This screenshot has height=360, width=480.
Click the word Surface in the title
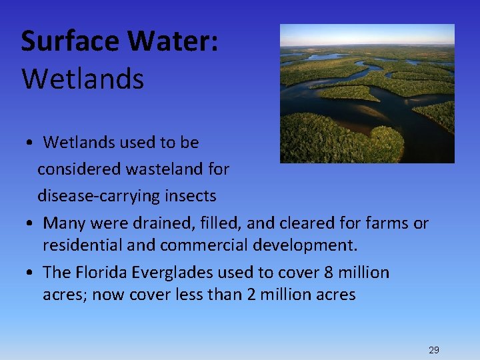pyautogui.click(x=71, y=41)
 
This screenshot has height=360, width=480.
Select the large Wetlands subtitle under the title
pyautogui.click(x=83, y=79)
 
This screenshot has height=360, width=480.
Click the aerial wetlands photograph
pyautogui.click(x=367, y=93)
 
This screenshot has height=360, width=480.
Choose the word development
pyautogui.click(x=305, y=245)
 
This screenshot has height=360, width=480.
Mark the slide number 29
pyautogui.click(x=434, y=350)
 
